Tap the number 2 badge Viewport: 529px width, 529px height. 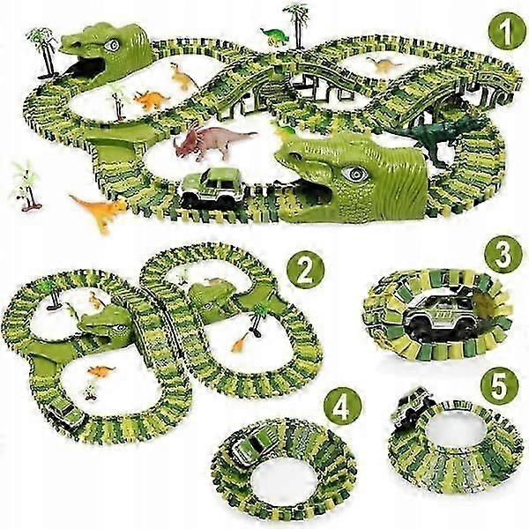pyautogui.click(x=305, y=271)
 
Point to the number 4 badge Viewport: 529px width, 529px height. pyautogui.click(x=342, y=407)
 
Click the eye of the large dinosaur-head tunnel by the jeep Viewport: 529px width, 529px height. pyautogui.click(x=355, y=174)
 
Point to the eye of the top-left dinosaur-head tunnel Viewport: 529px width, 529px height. pyautogui.click(x=112, y=45)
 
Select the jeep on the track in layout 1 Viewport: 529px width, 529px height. pyautogui.click(x=212, y=187)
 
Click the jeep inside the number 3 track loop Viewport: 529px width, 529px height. pyautogui.click(x=437, y=312)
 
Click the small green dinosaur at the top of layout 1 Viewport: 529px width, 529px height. pyautogui.click(x=275, y=36)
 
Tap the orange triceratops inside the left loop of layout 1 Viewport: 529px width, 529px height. pyautogui.click(x=151, y=100)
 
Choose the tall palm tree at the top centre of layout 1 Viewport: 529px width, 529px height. pyautogui.click(x=297, y=26)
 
